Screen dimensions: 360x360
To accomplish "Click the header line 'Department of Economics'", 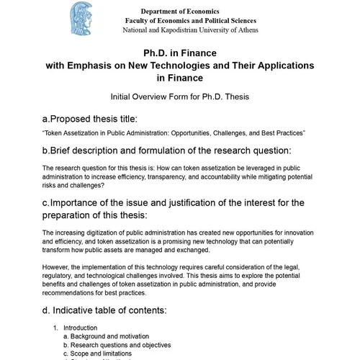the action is pyautogui.click(x=179, y=12).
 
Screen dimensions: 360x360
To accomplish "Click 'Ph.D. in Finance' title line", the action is pyautogui.click(x=180, y=53).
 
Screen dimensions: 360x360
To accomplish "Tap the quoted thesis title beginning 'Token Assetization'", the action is pyautogui.click(x=174, y=133).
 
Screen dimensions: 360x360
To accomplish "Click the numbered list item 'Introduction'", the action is pyautogui.click(x=80, y=328).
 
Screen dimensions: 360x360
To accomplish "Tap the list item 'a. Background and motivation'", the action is pyautogui.click(x=106, y=336).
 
